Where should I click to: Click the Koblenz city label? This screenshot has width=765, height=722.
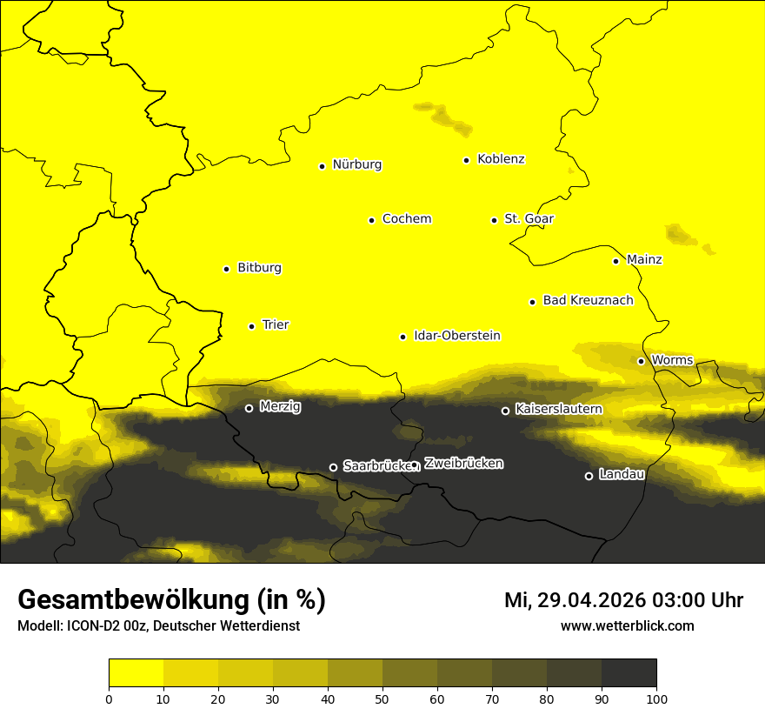tap(501, 159)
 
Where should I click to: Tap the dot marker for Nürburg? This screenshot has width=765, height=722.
tap(322, 166)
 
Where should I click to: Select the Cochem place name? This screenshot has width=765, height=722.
tap(407, 219)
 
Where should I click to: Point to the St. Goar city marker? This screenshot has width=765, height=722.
tap(494, 220)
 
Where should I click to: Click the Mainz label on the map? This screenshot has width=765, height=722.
tap(644, 260)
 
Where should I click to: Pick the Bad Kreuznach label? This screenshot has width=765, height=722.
tap(588, 300)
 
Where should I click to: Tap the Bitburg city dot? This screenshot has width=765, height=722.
tap(226, 269)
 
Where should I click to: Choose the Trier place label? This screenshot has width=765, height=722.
tap(276, 324)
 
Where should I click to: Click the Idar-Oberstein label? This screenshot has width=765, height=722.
tap(457, 336)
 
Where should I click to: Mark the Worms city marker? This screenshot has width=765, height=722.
tap(641, 361)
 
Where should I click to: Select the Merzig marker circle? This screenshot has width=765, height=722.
tap(249, 408)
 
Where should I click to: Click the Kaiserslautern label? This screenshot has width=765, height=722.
tap(559, 409)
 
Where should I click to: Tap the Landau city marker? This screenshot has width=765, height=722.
tap(589, 476)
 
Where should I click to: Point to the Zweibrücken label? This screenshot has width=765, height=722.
tap(464, 464)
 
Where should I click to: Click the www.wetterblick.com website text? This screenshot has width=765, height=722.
tap(627, 625)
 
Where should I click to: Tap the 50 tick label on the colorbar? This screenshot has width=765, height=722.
tap(382, 699)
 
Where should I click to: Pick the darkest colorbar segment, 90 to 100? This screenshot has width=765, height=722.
tap(629, 673)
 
